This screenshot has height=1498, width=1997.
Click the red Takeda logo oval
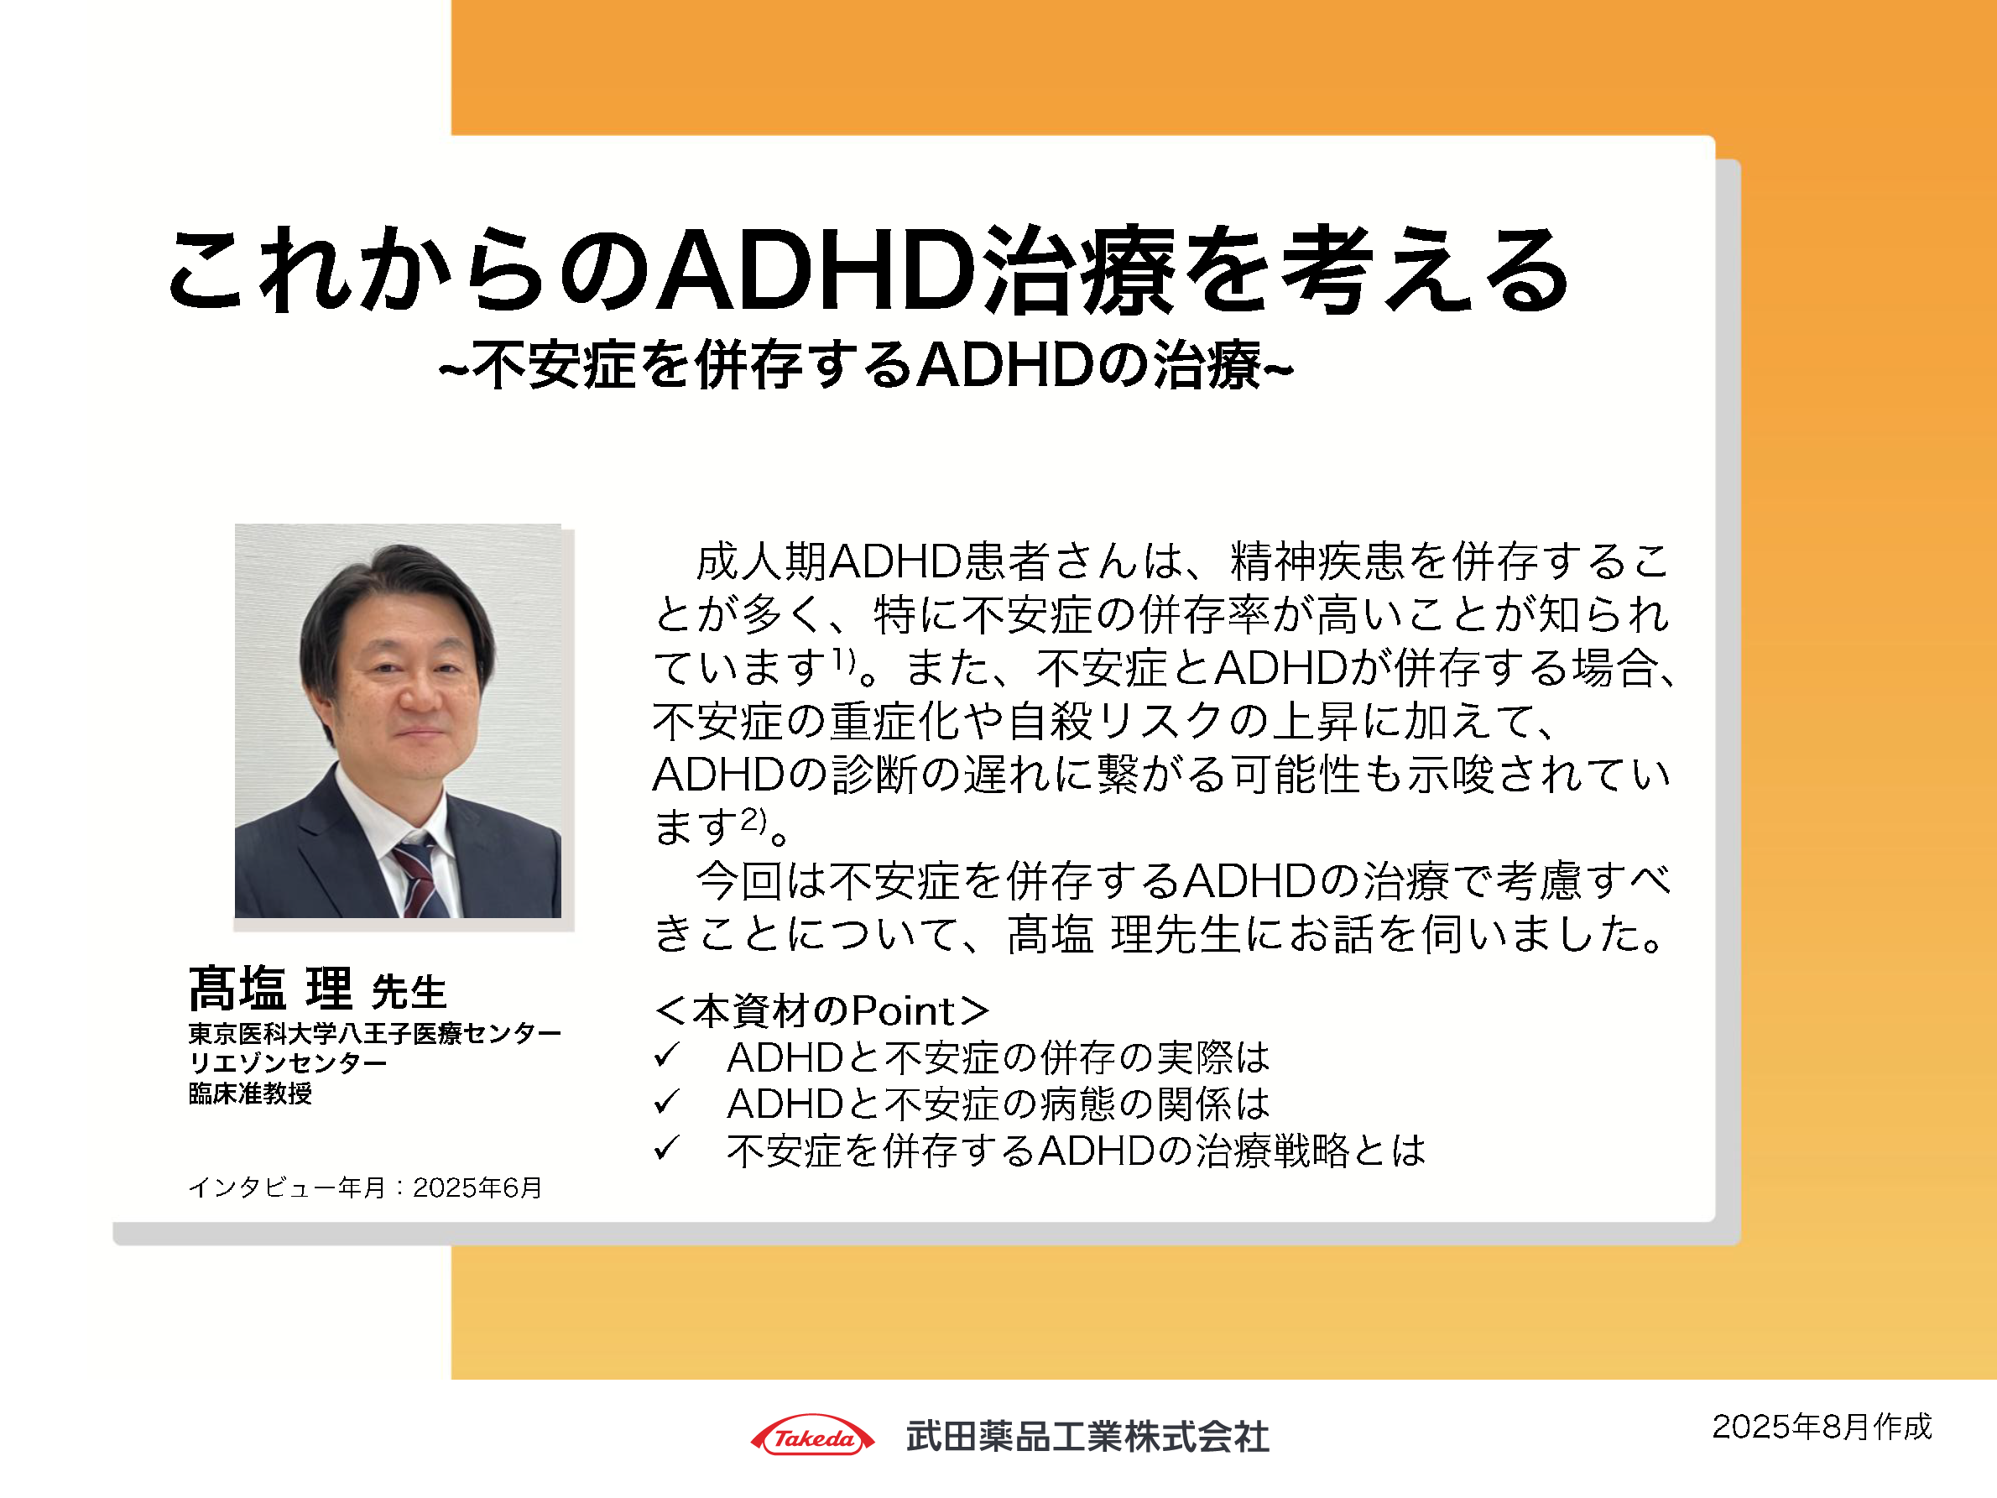click(x=812, y=1436)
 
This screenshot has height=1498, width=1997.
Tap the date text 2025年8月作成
click(x=1821, y=1427)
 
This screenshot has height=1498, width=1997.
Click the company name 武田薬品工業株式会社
click(x=1087, y=1437)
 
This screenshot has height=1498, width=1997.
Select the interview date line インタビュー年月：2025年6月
click(x=365, y=1187)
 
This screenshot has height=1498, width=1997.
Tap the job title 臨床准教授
click(x=250, y=1093)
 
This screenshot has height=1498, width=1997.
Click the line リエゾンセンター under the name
click(x=287, y=1062)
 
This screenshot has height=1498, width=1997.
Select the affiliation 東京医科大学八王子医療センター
click(x=375, y=1033)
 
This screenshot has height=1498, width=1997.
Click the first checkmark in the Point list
click(x=666, y=1055)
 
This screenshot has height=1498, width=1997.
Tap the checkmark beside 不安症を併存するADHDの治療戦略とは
click(x=666, y=1149)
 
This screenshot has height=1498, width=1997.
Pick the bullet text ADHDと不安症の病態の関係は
click(x=998, y=1104)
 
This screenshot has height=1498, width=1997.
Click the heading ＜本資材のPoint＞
click(x=821, y=1010)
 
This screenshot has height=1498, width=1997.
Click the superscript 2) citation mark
click(x=753, y=818)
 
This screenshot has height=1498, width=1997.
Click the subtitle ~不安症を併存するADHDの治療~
click(x=866, y=366)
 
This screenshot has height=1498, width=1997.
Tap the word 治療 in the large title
click(x=1079, y=271)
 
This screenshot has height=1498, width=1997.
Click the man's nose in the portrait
click(x=417, y=688)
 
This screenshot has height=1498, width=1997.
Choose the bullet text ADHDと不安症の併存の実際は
click(x=998, y=1057)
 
